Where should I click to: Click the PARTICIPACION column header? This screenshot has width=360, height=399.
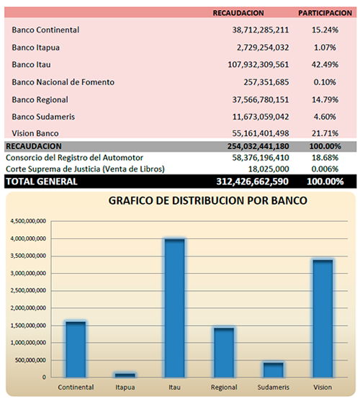[325, 13]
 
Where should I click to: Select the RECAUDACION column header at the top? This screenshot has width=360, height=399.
[238, 13]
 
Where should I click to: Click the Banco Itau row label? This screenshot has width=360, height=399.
[31, 65]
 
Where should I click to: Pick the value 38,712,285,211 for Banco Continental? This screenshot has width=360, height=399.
[260, 30]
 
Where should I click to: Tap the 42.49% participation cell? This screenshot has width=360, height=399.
[325, 65]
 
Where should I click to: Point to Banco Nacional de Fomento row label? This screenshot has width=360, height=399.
[63, 82]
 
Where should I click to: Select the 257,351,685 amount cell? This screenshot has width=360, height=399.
[266, 82]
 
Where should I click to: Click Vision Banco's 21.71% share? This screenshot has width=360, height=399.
[325, 133]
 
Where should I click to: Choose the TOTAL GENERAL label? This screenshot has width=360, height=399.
[42, 181]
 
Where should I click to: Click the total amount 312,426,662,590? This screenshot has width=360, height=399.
[253, 181]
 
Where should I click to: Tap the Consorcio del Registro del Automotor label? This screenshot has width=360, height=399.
[74, 158]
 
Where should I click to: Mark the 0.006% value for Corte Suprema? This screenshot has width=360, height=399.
[325, 169]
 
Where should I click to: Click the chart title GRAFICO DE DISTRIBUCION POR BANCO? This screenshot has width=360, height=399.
[208, 200]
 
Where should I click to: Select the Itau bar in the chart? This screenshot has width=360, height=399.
[174, 308]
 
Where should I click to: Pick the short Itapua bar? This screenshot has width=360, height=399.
[125, 375]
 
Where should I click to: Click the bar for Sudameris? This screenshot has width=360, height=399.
[274, 370]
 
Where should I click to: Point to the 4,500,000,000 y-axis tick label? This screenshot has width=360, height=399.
[28, 221]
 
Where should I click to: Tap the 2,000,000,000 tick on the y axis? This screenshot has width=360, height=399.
[28, 308]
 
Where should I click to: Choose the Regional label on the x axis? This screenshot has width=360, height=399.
[224, 387]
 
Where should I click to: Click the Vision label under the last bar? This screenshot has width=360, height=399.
[323, 387]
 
